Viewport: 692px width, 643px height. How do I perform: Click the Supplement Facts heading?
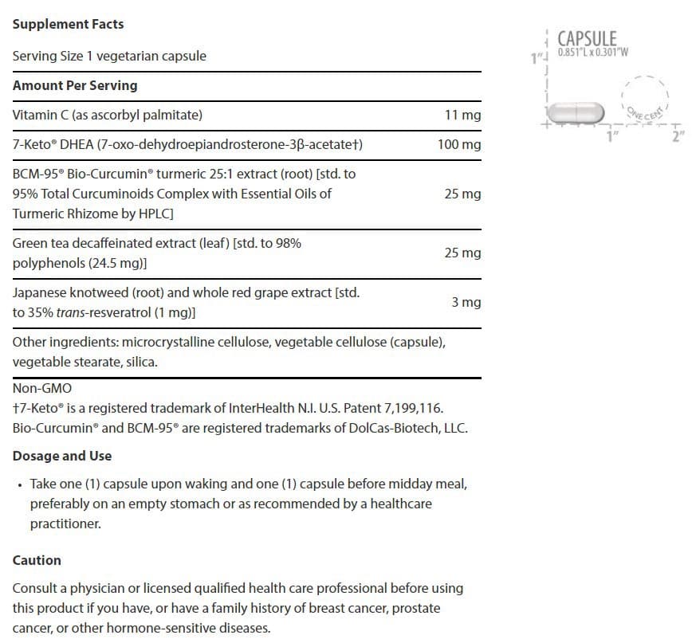click(x=68, y=24)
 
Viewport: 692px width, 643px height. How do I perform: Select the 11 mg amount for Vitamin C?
click(x=462, y=116)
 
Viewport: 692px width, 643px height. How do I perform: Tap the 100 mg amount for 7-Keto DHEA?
click(x=459, y=145)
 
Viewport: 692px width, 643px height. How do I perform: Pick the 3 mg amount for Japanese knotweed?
click(x=466, y=303)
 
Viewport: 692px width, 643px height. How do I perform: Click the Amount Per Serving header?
click(x=75, y=85)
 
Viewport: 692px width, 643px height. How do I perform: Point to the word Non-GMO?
click(x=42, y=388)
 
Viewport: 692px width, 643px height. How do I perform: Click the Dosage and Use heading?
click(x=62, y=456)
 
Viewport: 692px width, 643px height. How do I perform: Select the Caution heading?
click(x=37, y=560)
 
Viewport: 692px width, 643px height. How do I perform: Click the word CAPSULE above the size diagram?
click(x=587, y=38)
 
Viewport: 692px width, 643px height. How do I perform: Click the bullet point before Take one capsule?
click(x=18, y=484)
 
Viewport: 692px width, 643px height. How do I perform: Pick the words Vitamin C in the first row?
click(x=40, y=115)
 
